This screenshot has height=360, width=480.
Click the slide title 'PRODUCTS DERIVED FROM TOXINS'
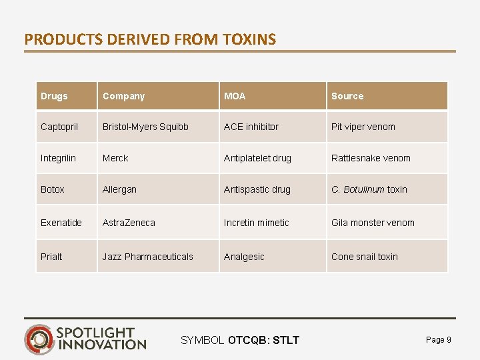pyautogui.click(x=150, y=39)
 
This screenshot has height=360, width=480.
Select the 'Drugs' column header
pyautogui.click(x=54, y=96)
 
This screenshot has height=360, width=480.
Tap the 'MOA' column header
pyautogui.click(x=235, y=96)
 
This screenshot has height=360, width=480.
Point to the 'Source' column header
pyautogui.click(x=347, y=96)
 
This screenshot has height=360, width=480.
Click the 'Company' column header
pyautogui.click(x=123, y=96)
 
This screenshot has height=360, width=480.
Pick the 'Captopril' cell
pyautogui.click(x=59, y=127)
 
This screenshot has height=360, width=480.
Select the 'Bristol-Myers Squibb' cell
pyautogui.click(x=145, y=127)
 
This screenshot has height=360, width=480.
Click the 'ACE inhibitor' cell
pyautogui.click(x=251, y=127)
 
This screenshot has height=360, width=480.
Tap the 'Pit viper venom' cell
pyautogui.click(x=363, y=127)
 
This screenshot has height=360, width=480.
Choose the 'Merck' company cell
pyautogui.click(x=115, y=158)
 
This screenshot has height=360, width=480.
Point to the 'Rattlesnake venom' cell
pyautogui.click(x=371, y=158)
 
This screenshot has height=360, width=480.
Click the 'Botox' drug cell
pyautogui.click(x=53, y=189)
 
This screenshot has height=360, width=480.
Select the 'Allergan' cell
pyautogui.click(x=119, y=189)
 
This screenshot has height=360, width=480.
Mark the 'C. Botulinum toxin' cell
pyautogui.click(x=369, y=189)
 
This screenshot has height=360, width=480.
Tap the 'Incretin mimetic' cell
pyautogui.click(x=257, y=223)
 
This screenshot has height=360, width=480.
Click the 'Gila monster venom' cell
pyautogui.click(x=373, y=223)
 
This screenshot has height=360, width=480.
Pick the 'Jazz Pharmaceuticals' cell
pyautogui.click(x=147, y=257)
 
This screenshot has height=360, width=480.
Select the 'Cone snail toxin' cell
pyautogui.click(x=365, y=257)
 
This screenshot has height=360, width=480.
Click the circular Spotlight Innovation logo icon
pyautogui.click(x=39, y=339)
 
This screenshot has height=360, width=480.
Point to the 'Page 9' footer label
pyautogui.click(x=438, y=340)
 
